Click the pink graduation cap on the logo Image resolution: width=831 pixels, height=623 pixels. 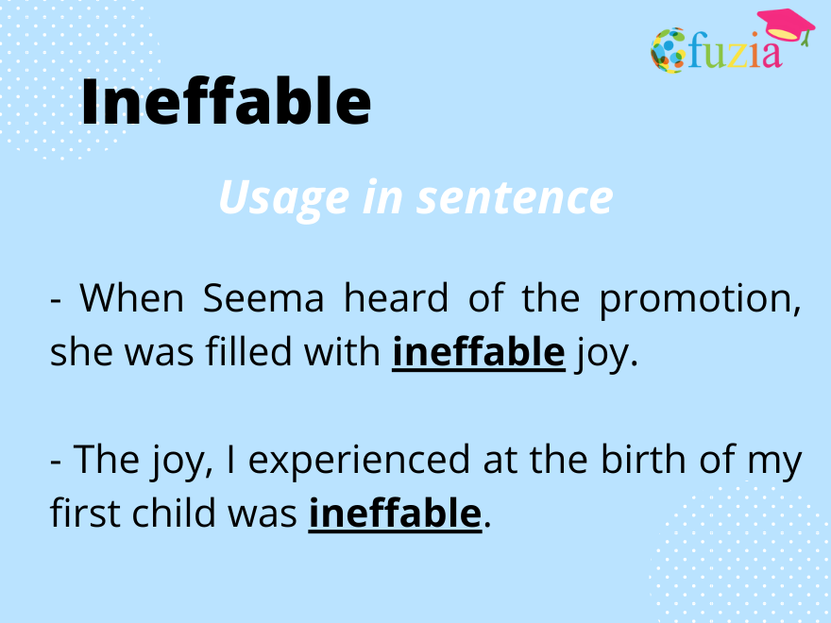pyautogui.click(x=785, y=25)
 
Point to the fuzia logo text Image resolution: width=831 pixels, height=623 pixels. pyautogui.click(x=735, y=51)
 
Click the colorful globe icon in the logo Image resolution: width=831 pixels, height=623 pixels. pyautogui.click(x=668, y=51)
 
